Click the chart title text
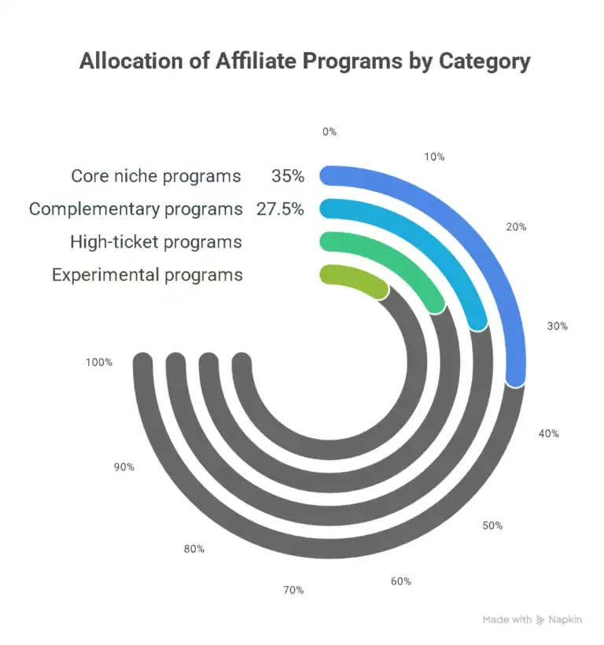[304, 62]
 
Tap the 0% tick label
[330, 132]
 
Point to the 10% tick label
[434, 157]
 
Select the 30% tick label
[557, 326]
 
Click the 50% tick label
[492, 525]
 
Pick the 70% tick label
[293, 590]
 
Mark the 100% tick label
[100, 363]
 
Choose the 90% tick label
[124, 466]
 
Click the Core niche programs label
[156, 175]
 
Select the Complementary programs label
[136, 209]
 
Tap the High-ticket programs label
[156, 242]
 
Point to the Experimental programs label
[147, 275]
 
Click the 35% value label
[287, 175]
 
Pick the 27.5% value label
[280, 209]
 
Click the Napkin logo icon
[540, 620]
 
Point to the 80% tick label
[194, 548]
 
